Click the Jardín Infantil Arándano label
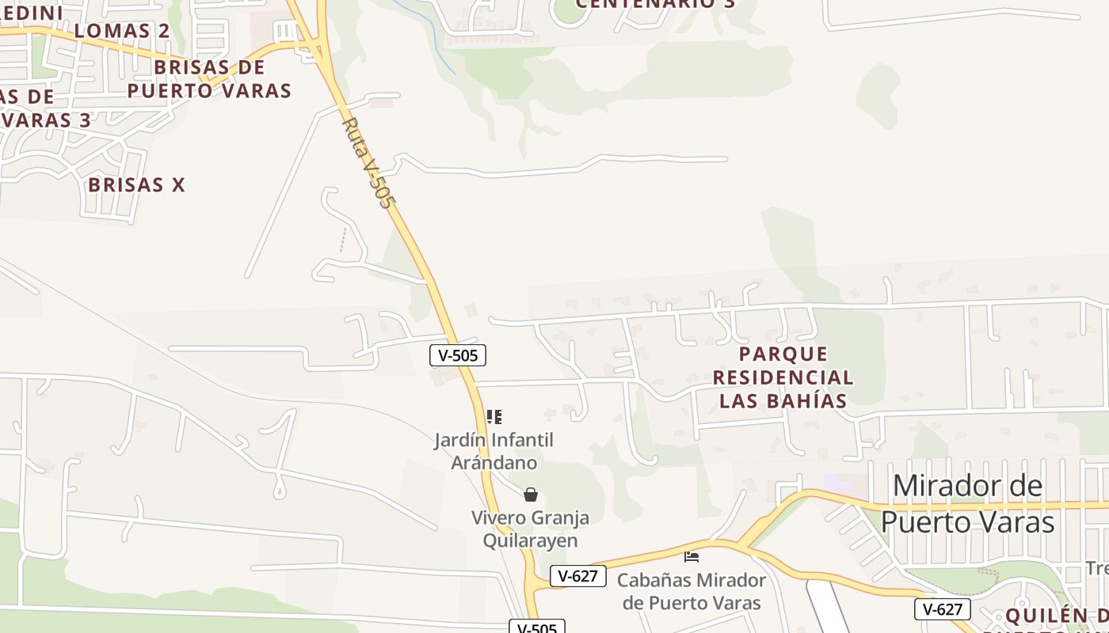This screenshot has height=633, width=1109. [x=494, y=451]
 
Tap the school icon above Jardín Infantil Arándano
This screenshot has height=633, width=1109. [x=494, y=416]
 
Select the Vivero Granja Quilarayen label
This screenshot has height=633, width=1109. [x=531, y=529]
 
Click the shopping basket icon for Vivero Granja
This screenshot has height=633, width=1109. [x=531, y=495]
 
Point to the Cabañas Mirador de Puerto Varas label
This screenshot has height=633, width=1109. [x=692, y=591]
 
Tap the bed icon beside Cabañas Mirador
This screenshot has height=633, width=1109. [x=692, y=557]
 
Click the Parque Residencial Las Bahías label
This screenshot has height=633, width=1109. [x=784, y=377]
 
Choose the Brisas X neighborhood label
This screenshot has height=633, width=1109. [x=136, y=185]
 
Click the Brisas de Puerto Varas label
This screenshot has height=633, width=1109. [x=209, y=78]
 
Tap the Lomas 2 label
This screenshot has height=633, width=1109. [x=122, y=31]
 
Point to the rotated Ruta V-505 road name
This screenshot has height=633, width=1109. [x=368, y=163]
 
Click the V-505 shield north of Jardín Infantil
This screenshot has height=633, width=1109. [x=458, y=355]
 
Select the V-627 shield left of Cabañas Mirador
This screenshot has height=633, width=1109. [x=577, y=576]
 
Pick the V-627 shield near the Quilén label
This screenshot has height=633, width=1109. [x=942, y=609]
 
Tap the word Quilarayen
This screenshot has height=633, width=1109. [x=531, y=541]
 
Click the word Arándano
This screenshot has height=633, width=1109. [x=494, y=463]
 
